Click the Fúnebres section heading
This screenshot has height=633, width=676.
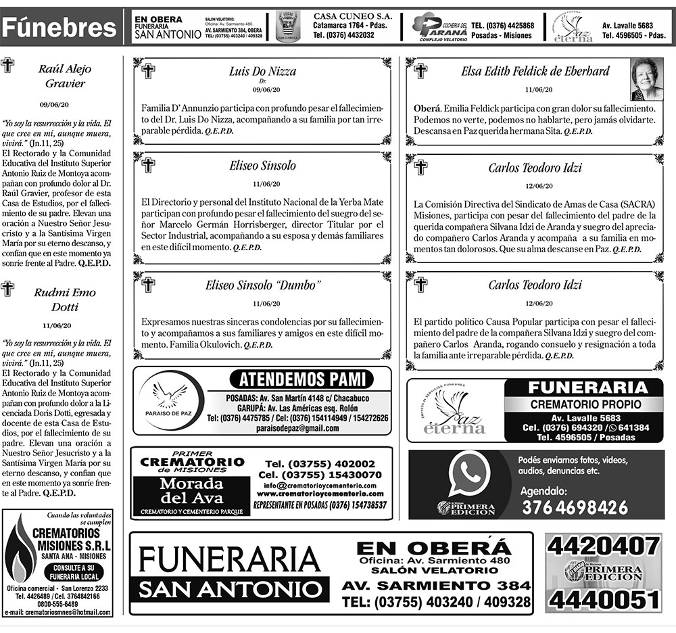tap(59, 27)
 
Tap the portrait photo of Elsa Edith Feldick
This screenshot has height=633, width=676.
tap(647, 78)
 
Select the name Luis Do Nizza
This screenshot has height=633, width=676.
tap(262, 71)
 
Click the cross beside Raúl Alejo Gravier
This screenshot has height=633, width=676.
tap(8, 65)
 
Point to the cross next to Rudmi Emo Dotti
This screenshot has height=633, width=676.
tap(8, 289)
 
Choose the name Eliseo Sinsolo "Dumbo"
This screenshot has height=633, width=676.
tap(262, 285)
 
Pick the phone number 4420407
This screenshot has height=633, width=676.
tap(604, 545)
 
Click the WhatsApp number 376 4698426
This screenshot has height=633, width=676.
tap(575, 507)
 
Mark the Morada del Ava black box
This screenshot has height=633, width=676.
tap(191, 492)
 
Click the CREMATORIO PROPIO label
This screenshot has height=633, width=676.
tap(576, 404)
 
